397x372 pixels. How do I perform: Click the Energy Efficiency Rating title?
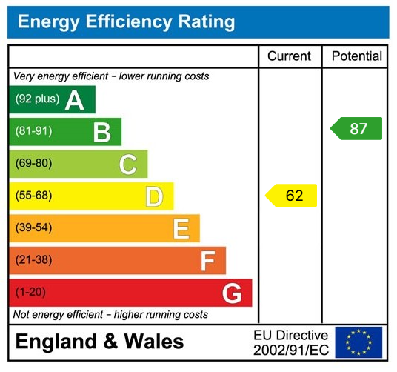(x=126, y=21)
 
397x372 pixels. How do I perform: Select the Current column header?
(x=289, y=56)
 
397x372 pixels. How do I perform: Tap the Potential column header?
(x=356, y=56)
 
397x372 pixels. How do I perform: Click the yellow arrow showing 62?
(x=291, y=196)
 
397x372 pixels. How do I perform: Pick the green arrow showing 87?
(x=356, y=128)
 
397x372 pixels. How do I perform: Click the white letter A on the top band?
(x=74, y=100)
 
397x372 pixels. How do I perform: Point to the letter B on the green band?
(x=101, y=133)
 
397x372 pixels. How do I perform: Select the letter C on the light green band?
(x=128, y=165)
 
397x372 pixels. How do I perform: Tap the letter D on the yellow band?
(x=154, y=196)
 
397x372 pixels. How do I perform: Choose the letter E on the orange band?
(x=181, y=229)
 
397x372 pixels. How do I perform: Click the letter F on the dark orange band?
(x=207, y=261)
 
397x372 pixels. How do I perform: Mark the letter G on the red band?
(x=232, y=293)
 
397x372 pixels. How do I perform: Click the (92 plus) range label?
(x=37, y=99)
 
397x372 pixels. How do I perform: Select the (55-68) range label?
(x=34, y=196)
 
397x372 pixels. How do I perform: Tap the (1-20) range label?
(x=30, y=292)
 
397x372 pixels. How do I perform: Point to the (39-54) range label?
(x=34, y=227)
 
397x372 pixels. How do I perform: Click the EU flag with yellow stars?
(x=358, y=342)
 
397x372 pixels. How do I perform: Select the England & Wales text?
(x=99, y=342)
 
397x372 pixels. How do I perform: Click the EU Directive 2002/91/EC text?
(x=290, y=342)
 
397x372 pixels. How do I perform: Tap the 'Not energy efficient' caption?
(x=110, y=315)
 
